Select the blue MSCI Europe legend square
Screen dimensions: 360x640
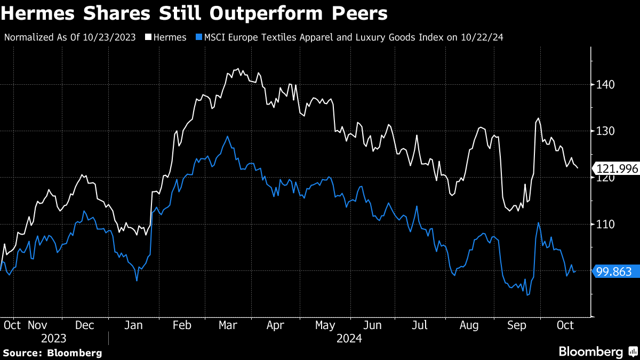(199, 37)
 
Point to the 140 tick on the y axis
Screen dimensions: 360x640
(605, 84)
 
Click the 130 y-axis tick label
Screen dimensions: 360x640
(605, 131)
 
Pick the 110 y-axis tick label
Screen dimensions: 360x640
(605, 225)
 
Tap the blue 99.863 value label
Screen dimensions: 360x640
(614, 272)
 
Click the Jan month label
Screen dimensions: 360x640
(134, 325)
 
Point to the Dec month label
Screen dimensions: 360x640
(85, 325)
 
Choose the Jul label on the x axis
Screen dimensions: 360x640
(421, 325)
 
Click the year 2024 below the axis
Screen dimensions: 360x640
(349, 339)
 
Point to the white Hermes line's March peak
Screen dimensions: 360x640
(237, 69)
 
